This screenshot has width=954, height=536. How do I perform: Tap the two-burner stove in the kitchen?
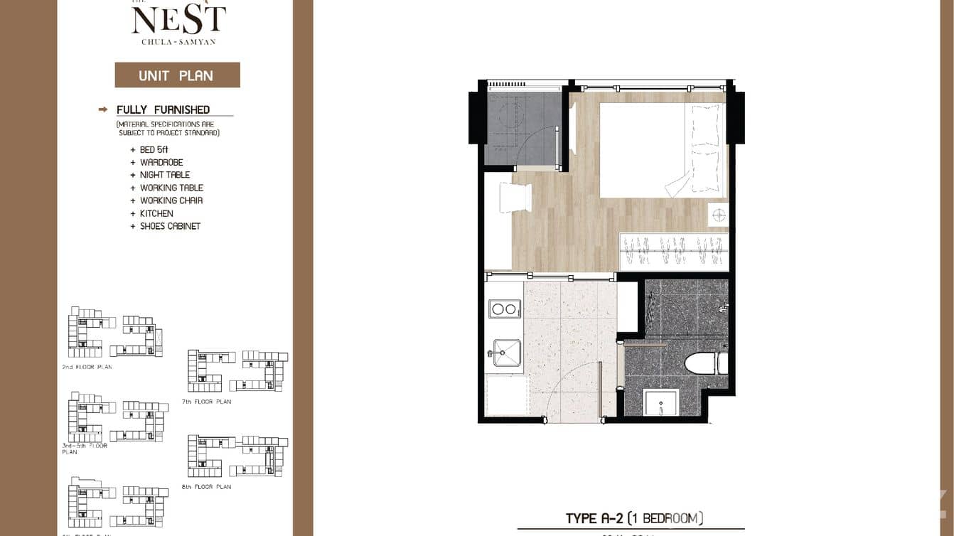click(504, 309)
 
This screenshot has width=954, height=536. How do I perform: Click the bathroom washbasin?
click(660, 402)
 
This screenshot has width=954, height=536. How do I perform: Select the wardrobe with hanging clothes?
click(673, 251)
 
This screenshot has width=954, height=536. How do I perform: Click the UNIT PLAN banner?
click(177, 75)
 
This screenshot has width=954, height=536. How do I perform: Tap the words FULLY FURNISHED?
click(164, 109)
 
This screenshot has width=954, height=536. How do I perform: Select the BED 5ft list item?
click(154, 150)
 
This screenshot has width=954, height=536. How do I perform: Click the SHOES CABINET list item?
click(170, 226)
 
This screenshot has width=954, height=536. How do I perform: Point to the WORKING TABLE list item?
click(171, 188)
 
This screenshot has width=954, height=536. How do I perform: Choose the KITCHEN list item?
click(156, 213)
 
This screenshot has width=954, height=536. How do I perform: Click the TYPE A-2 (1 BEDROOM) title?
click(634, 518)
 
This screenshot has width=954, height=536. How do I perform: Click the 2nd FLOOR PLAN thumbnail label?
click(87, 367)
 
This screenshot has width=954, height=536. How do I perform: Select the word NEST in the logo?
click(178, 21)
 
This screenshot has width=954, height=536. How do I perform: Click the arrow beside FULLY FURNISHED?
click(103, 109)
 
